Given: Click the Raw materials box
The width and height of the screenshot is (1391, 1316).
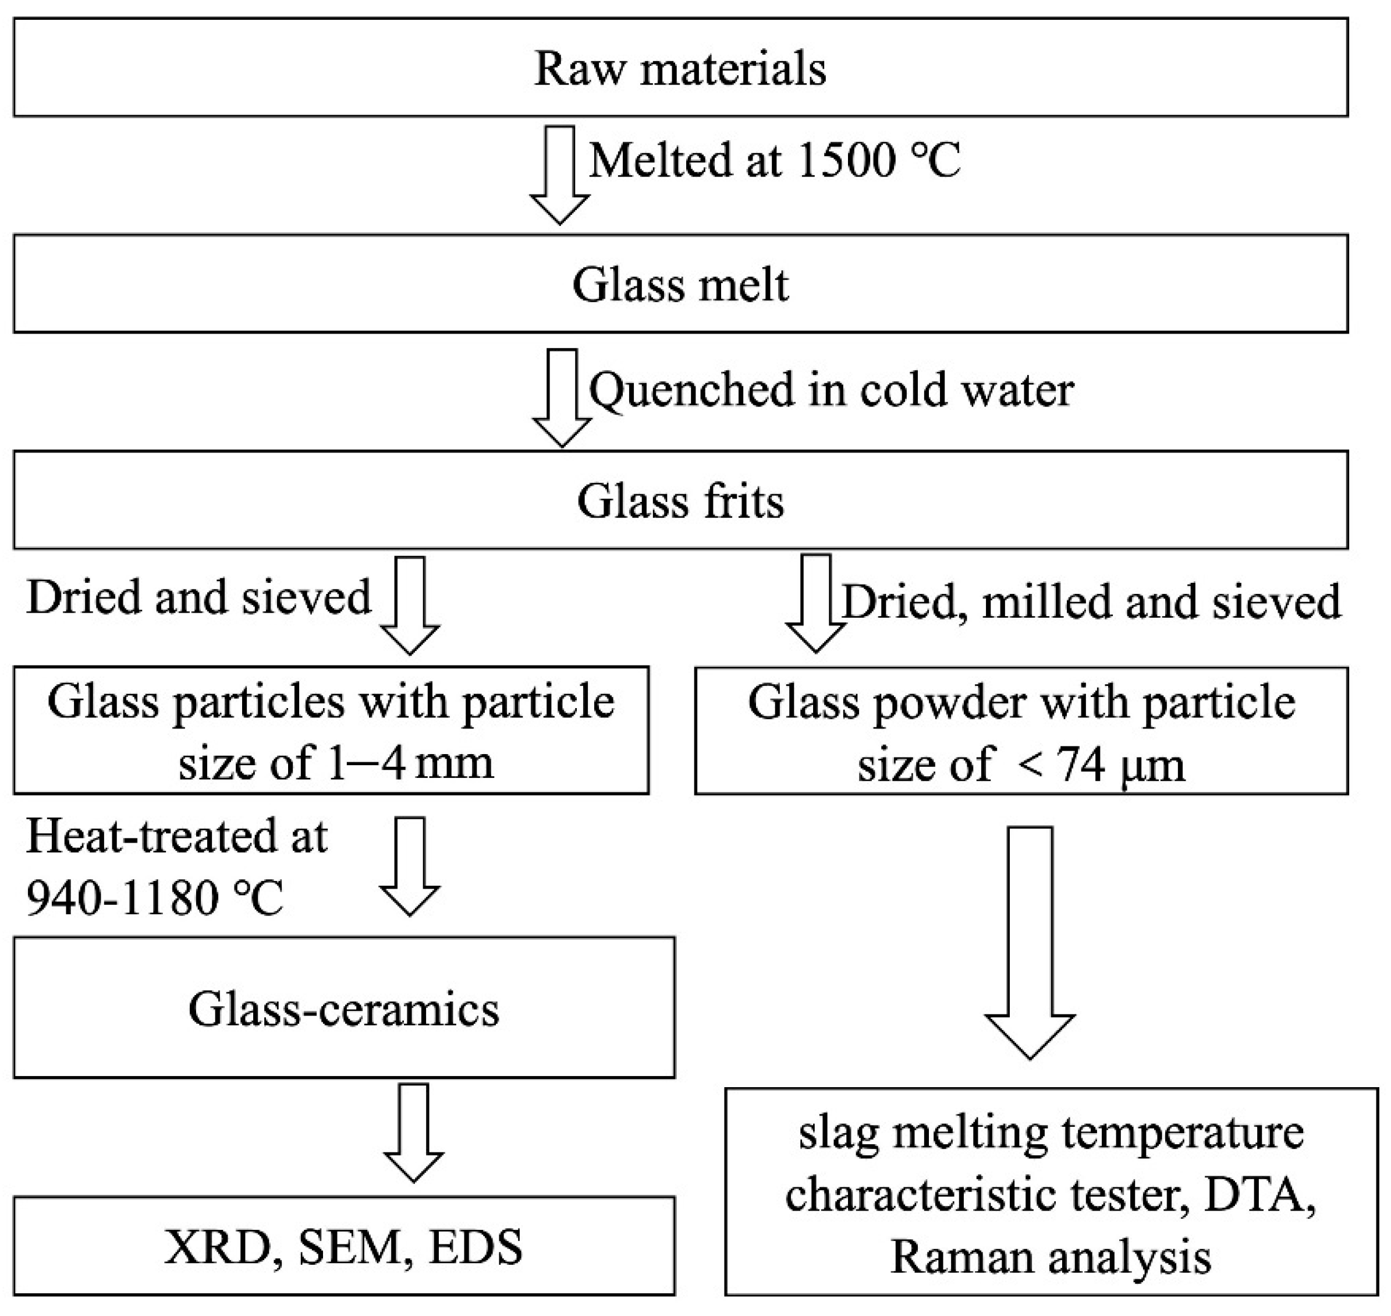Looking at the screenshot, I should tap(680, 68).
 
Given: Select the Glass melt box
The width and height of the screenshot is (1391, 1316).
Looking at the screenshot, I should tap(680, 284).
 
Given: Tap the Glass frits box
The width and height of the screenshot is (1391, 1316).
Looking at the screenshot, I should tap(680, 500).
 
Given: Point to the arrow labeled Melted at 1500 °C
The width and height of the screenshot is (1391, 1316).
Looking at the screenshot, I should tap(559, 175).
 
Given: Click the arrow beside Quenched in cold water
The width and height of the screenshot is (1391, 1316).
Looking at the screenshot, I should tap(562, 398).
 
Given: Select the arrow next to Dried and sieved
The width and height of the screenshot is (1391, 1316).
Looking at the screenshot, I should tap(410, 606).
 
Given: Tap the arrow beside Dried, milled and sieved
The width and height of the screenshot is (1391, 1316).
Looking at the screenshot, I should tap(815, 604).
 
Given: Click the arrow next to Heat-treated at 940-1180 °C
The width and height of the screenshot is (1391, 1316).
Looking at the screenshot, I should tap(410, 866).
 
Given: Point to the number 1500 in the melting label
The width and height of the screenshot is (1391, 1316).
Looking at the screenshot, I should tap(846, 161).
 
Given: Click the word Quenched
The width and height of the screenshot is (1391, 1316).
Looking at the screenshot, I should tap(691, 390).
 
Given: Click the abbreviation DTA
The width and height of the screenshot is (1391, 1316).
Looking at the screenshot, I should tap(1258, 1195).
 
